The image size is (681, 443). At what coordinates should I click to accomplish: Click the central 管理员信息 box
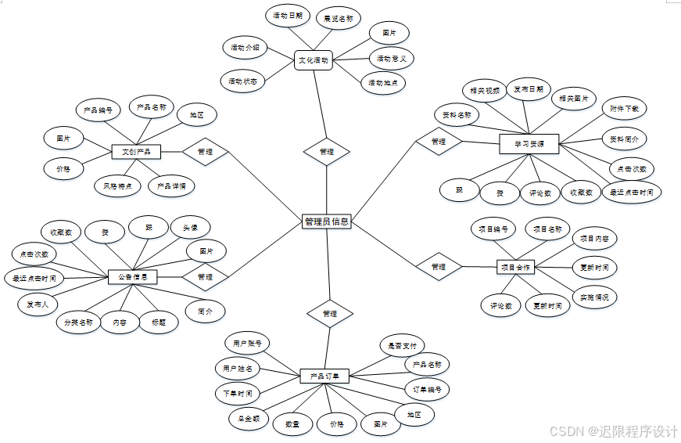point(327,221)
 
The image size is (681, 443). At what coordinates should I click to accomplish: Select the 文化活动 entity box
point(314,59)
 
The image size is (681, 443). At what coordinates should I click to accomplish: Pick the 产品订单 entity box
point(323,376)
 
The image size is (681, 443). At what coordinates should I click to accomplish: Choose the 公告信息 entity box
point(132,276)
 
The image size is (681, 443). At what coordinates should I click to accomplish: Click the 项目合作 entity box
point(515,267)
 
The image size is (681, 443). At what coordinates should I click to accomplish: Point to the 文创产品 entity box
point(136,151)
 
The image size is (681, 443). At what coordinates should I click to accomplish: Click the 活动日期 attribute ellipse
point(286,16)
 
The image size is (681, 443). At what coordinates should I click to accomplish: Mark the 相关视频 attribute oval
point(485,91)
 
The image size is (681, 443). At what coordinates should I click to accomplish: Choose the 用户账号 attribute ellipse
point(247,343)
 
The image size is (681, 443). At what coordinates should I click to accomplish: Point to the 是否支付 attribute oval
point(402,345)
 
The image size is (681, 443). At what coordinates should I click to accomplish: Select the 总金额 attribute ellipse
point(249,418)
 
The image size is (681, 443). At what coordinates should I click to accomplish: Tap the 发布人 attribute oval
point(35,303)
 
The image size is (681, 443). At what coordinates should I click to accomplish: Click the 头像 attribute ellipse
point(190,228)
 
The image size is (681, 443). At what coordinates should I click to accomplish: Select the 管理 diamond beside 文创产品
point(205,151)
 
